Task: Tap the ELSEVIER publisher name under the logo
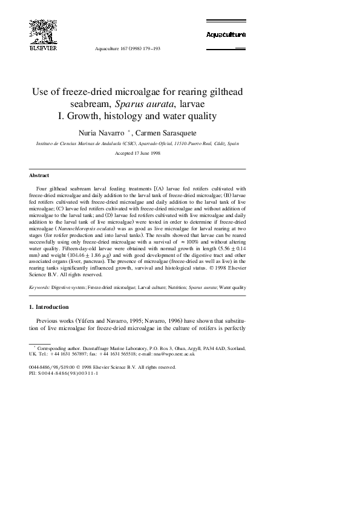click(x=43, y=47)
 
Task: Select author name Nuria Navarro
click(x=106, y=131)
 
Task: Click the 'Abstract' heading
click(x=39, y=175)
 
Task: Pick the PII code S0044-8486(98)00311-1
click(x=67, y=373)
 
